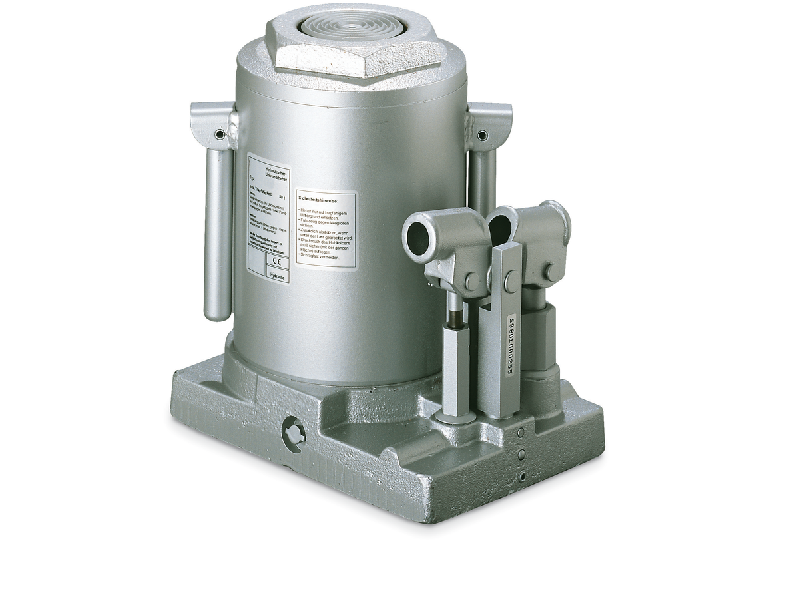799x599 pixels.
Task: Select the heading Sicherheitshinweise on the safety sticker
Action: tap(319, 199)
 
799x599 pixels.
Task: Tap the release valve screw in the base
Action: tap(292, 434)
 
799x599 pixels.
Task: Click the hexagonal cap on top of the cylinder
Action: tap(356, 47)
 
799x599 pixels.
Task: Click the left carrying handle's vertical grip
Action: tap(218, 233)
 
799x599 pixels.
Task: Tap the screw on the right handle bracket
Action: tap(483, 136)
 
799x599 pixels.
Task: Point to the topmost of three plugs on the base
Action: tap(521, 433)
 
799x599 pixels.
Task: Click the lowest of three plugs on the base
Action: tap(523, 477)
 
